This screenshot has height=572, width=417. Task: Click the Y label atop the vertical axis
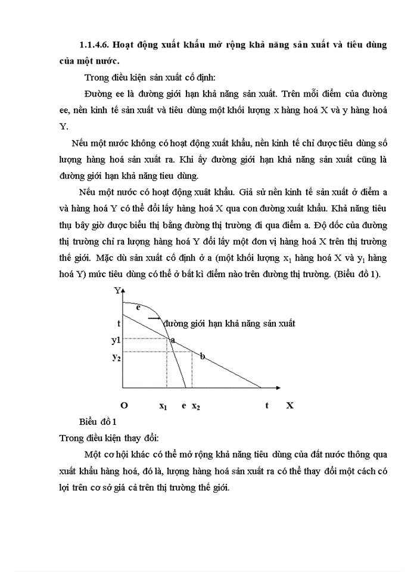tap(117, 291)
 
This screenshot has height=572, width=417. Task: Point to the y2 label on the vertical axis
tap(116, 357)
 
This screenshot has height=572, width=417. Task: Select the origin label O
tap(124, 405)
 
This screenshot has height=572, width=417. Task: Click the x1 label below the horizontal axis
tap(163, 406)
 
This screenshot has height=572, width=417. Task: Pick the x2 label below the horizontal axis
tap(196, 406)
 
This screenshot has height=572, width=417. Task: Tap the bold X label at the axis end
tap(290, 405)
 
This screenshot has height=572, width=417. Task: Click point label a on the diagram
tap(173, 340)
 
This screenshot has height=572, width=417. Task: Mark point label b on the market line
tap(203, 356)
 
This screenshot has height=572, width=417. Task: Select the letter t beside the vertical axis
tap(119, 322)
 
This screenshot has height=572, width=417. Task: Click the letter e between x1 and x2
tap(183, 405)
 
